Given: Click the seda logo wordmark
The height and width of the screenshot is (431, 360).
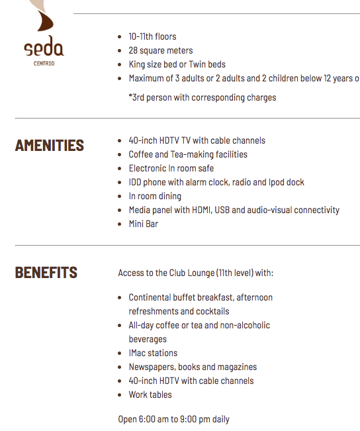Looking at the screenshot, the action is coord(44,49).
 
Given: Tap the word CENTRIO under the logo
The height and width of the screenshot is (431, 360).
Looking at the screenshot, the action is coord(44,64).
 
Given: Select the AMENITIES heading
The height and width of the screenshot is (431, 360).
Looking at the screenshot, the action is coord(50,146).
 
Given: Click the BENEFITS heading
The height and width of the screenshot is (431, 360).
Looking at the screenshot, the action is coord(46,273).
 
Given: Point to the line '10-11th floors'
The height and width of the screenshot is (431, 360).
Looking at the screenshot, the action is coord(152,36).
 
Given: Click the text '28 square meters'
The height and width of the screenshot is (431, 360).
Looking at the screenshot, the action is coord(161,50).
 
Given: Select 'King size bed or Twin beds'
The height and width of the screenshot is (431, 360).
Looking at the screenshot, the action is coord(177,64).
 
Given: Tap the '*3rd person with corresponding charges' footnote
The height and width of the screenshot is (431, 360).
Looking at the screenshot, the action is coord(202,97).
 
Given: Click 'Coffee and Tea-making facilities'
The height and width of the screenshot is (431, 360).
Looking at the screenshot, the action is coord(188,154).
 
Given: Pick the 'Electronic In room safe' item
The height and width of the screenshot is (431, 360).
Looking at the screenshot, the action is coord(171,168).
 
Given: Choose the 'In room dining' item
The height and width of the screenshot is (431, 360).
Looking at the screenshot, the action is coord(155,196).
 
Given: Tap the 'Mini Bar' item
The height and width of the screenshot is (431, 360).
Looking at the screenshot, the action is coord(143,224).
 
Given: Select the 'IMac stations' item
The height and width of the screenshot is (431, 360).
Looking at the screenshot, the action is coord(153,353).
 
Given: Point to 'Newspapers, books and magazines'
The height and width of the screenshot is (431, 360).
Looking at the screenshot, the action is coord(193,367).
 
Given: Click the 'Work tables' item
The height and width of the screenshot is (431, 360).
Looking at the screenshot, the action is coord(150,395).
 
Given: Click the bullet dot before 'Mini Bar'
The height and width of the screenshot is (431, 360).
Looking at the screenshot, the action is coord(119,224).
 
